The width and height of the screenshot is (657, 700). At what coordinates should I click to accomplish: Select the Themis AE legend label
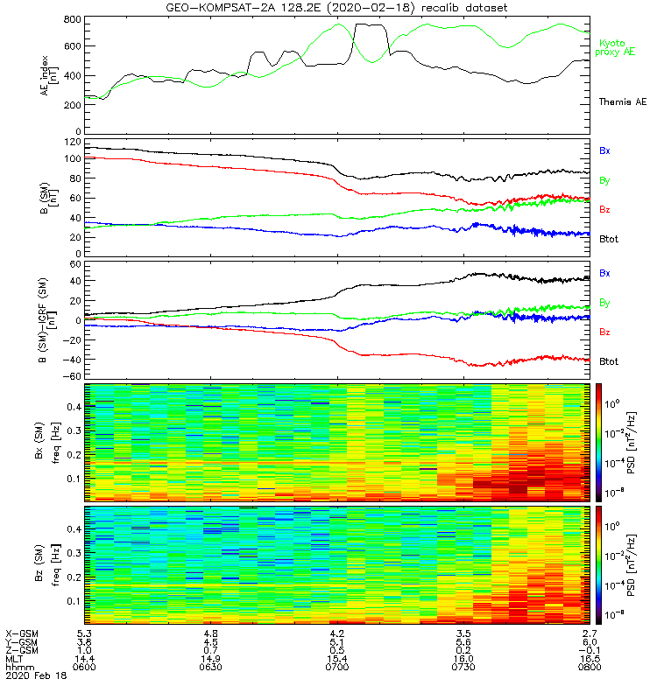click(622, 102)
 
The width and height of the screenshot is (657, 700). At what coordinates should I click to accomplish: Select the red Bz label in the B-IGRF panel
click(604, 332)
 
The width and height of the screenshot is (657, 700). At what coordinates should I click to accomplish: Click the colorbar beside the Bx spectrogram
click(601, 442)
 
